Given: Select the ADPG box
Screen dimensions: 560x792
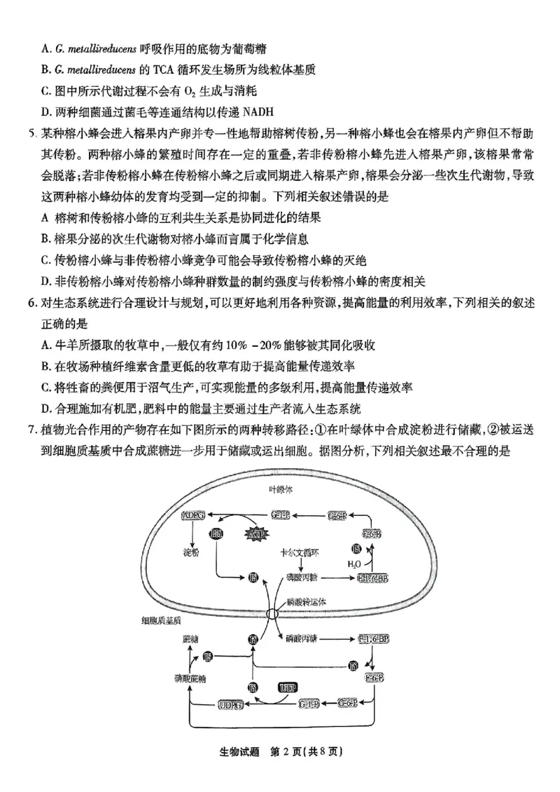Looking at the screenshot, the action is (192, 516).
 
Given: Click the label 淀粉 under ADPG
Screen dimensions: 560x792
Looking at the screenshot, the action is (190, 553).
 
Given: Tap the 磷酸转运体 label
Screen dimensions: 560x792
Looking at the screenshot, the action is (306, 601).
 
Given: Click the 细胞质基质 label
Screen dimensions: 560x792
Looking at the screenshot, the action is (161, 620).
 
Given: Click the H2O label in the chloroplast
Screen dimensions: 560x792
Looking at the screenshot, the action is (355, 563).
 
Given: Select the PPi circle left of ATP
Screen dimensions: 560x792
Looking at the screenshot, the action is (216, 535).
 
